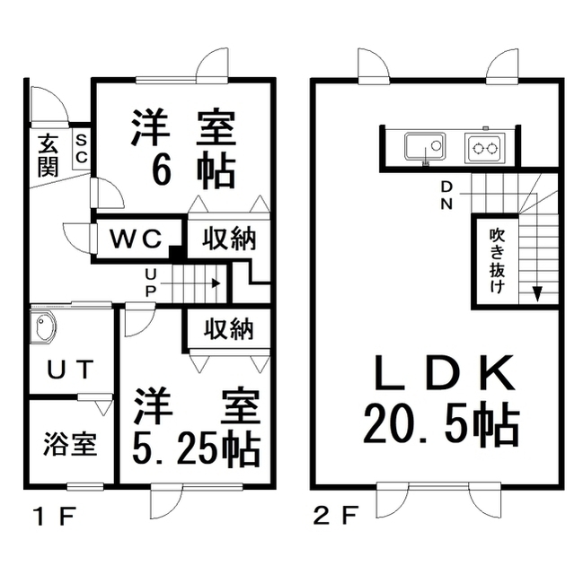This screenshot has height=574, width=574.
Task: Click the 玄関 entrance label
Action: coord(48,153)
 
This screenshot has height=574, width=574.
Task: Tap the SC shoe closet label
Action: coord(81,149)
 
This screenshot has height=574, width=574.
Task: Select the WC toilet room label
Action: coord(137,239)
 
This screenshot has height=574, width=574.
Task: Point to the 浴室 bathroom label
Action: coord(70,444)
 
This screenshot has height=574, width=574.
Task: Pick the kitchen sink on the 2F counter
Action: coord(424,146)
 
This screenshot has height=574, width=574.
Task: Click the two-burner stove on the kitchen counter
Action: coord(486,147)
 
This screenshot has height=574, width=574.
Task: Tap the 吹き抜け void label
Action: coord(497,259)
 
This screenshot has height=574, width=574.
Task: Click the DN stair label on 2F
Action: coord(447,195)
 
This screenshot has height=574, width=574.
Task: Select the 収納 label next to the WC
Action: coord(227,239)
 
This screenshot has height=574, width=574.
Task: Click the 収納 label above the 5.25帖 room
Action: coord(227,329)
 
